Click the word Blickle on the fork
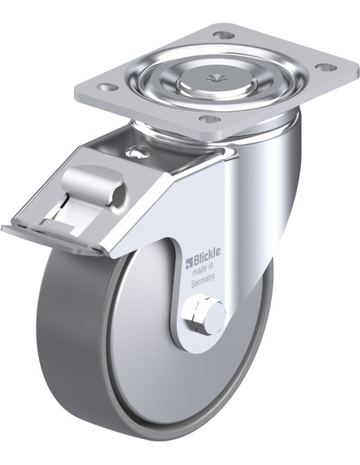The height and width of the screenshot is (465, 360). pos(207,252)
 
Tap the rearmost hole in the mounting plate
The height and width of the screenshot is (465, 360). pos(223,36)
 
